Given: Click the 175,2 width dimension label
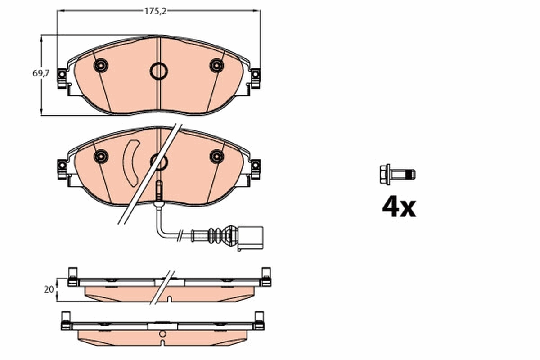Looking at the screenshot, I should (x=156, y=12).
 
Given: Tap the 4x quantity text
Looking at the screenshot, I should (x=399, y=207).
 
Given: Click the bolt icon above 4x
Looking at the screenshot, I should (x=397, y=174).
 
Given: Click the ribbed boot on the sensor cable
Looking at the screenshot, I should (x=217, y=235).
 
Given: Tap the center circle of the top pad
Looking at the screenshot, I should (x=158, y=70).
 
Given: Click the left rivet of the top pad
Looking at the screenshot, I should (x=101, y=66).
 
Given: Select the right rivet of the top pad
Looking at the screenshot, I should (x=216, y=66).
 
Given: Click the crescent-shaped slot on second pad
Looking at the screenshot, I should (x=131, y=163).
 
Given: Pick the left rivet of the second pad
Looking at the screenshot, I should (x=101, y=156).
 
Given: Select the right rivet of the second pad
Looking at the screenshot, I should (x=216, y=156).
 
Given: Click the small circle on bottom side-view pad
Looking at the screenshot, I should (x=162, y=334).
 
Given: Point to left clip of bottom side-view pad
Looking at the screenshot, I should (x=66, y=320).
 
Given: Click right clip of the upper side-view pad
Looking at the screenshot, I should (x=265, y=277).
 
